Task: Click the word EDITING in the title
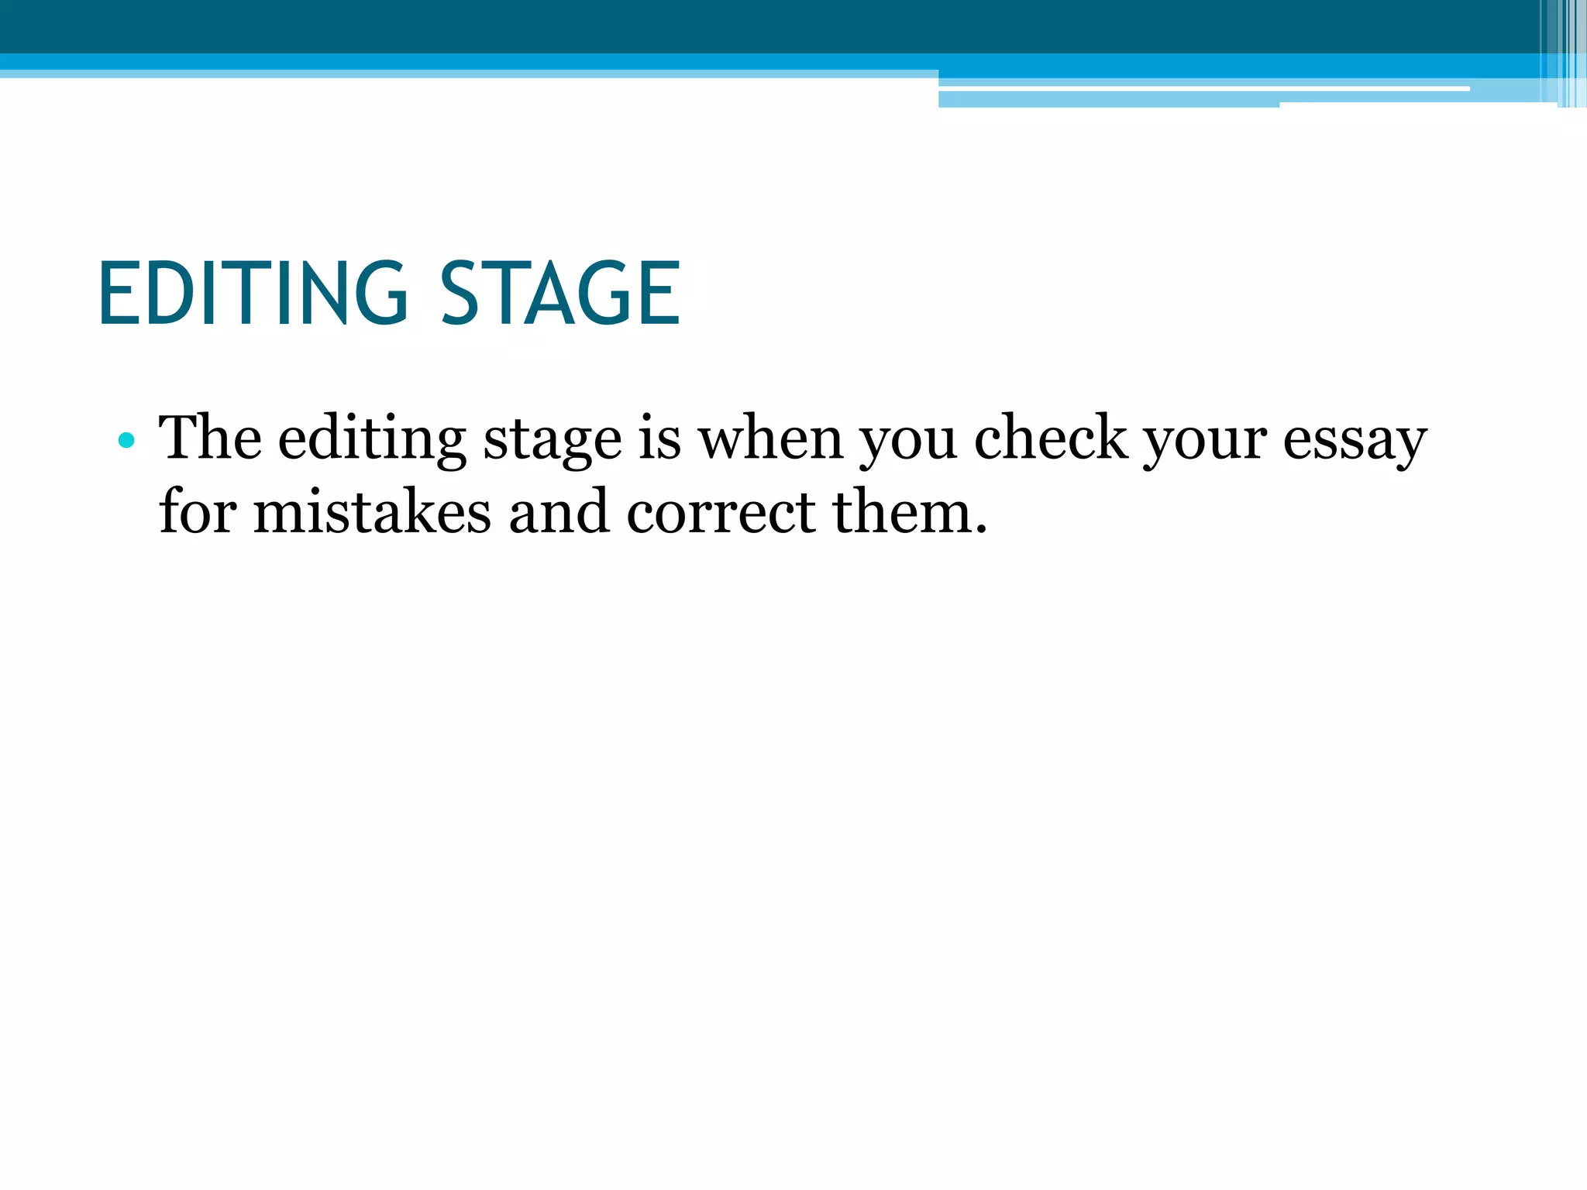coord(253,294)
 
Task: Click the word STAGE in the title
coord(560,294)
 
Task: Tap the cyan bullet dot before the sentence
coord(126,442)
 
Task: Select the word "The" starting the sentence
coord(210,439)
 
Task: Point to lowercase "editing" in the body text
coord(372,440)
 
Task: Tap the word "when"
coord(771,439)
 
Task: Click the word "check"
coord(1051,439)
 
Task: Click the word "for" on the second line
coord(198,512)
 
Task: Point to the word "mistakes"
coord(372,512)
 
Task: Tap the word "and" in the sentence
coord(559,512)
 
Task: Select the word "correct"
coord(721,514)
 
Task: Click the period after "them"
coord(981,531)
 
